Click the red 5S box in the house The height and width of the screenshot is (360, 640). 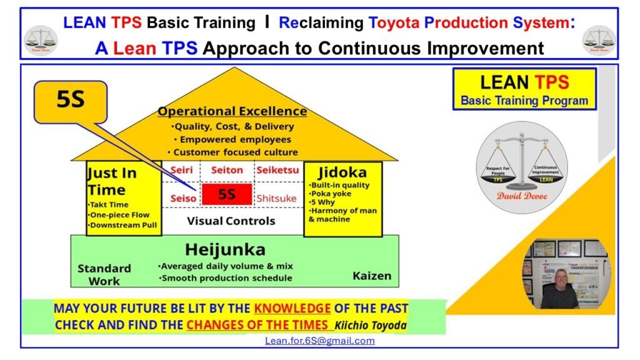(226, 194)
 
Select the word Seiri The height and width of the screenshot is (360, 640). (181, 170)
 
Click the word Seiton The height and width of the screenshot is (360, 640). (226, 170)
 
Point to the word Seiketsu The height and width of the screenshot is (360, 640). (277, 170)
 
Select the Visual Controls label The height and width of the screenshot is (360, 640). (231, 221)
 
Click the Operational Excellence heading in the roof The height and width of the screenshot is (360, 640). (232, 111)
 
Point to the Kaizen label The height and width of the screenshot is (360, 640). (371, 275)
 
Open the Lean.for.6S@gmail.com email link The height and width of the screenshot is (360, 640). (319, 341)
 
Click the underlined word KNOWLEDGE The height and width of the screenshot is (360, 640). (292, 308)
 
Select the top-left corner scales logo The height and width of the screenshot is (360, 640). (40, 39)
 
